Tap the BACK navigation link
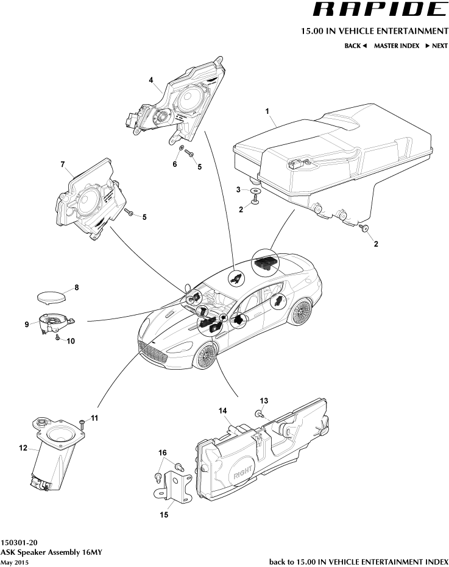[x=355, y=46]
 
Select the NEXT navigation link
[x=436, y=46]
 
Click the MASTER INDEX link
[x=396, y=46]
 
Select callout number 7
[x=62, y=164]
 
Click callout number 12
[x=23, y=448]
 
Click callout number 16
[x=163, y=453]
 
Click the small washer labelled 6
[x=181, y=147]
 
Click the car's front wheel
[x=206, y=355]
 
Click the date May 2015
[x=14, y=562]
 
